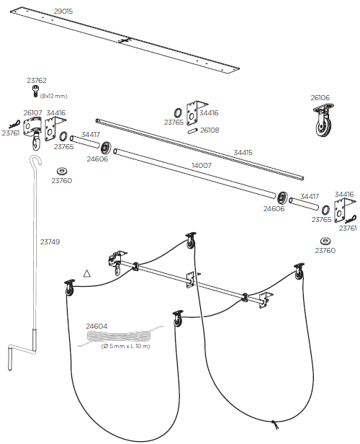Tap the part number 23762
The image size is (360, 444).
click(37, 81)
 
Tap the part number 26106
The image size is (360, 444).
click(320, 97)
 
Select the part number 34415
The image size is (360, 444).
click(243, 152)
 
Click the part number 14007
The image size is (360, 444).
click(201, 166)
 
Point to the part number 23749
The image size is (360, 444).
click(49, 242)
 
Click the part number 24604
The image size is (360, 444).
click(96, 327)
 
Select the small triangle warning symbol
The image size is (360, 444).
click(87, 273)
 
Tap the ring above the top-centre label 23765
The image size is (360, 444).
click(177, 112)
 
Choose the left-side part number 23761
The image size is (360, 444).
click(10, 133)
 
